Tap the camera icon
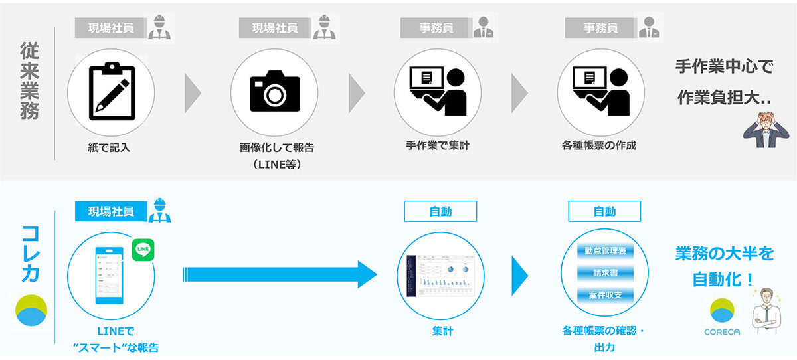tap(274, 91)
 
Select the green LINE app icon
tap(143, 250)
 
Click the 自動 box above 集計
tap(441, 212)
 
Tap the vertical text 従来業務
tap(30, 80)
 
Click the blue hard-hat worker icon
tap(159, 210)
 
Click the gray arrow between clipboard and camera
tap(193, 91)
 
